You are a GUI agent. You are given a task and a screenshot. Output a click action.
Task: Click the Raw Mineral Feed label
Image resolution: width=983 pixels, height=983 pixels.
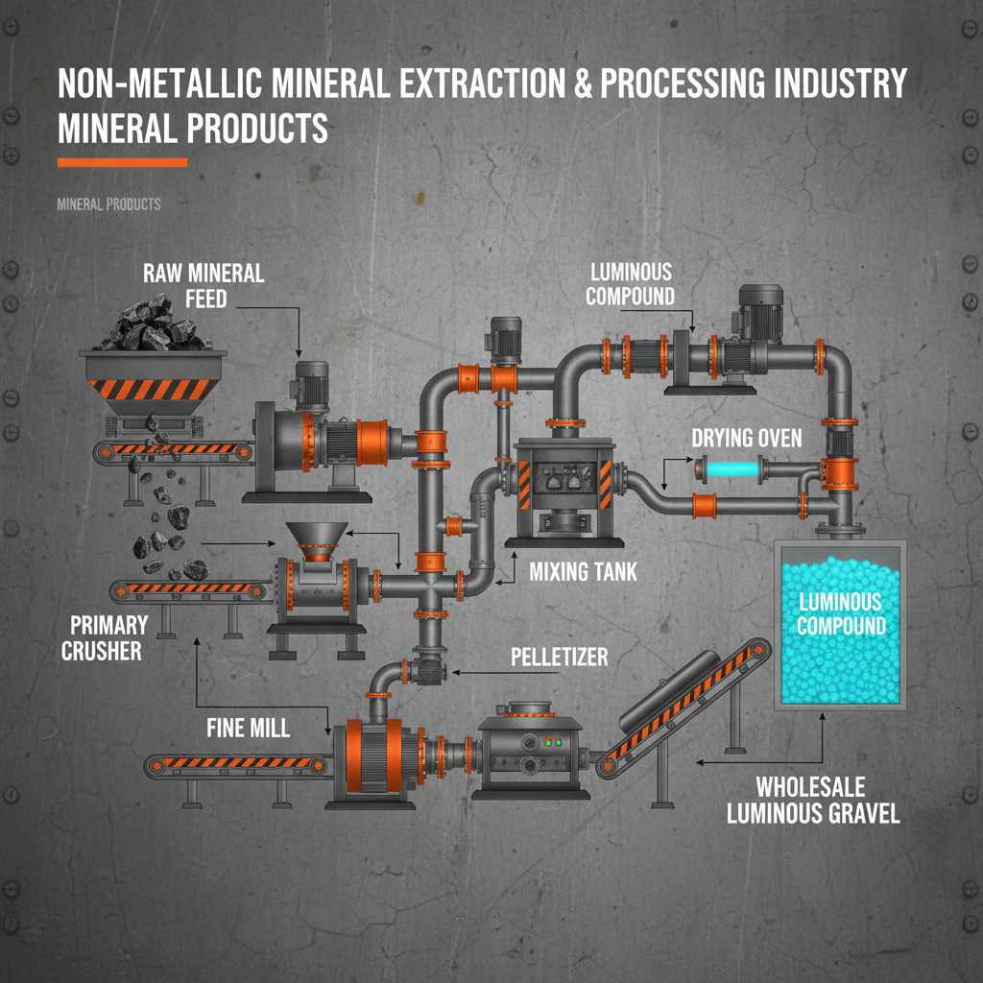[x=204, y=285]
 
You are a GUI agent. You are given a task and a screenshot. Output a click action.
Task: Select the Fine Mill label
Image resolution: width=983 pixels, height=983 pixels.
[x=249, y=728]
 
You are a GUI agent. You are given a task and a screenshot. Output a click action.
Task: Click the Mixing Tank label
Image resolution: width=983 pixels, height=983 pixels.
[x=583, y=573]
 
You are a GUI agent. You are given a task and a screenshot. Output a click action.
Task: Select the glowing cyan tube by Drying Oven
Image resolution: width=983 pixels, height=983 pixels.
[x=730, y=470]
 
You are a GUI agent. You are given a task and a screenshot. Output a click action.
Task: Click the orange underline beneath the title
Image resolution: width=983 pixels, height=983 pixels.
[x=122, y=162]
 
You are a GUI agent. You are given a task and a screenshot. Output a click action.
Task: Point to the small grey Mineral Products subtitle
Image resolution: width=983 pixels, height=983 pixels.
[x=108, y=204]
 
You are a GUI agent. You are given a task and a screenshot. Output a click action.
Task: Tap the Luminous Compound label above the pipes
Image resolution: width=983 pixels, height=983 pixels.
[x=630, y=284]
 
